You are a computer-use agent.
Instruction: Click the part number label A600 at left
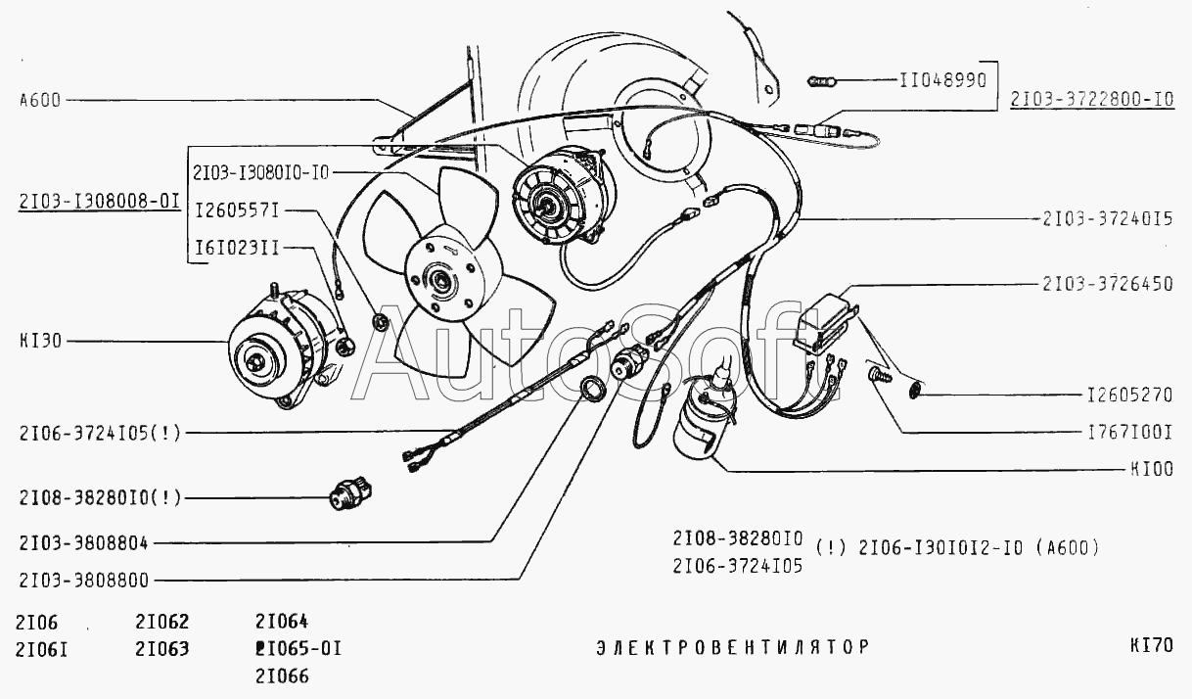coord(39,100)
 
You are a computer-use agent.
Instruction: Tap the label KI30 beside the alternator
coord(40,342)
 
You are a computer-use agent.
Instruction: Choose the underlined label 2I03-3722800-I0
coord(1085,100)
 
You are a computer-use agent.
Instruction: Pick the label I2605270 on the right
coord(1129,397)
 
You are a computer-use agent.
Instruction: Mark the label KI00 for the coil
coord(1151,470)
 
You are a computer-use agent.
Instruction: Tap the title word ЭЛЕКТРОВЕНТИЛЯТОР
coord(732,647)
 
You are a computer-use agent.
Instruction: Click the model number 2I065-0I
coord(297,647)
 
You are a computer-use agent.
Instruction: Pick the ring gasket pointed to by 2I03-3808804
coord(590,389)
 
